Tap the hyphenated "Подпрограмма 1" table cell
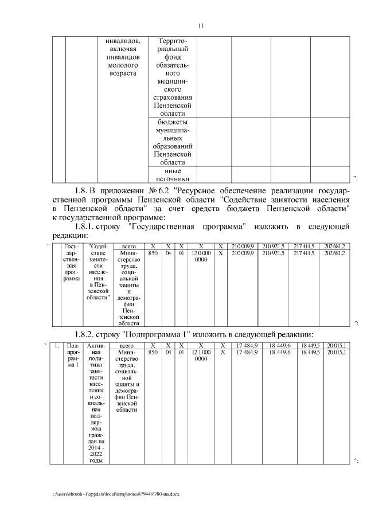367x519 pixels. click(73, 356)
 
